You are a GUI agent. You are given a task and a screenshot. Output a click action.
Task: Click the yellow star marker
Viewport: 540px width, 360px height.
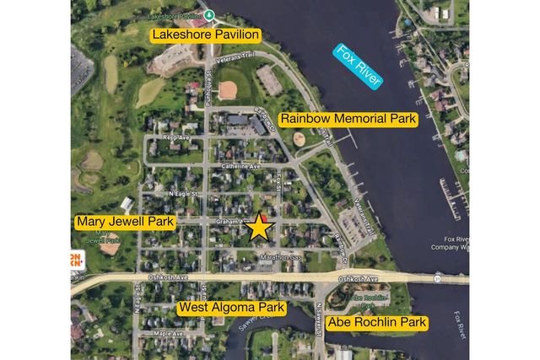[x=259, y=227]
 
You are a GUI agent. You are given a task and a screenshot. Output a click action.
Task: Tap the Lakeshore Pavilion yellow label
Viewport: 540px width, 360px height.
[x=204, y=35]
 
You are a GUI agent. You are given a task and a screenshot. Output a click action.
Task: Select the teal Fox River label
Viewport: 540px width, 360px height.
[x=358, y=66]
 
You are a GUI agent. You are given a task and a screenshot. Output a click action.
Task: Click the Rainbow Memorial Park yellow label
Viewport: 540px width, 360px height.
[x=348, y=120]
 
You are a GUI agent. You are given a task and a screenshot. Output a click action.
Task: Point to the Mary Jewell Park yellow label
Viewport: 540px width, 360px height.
[x=124, y=223]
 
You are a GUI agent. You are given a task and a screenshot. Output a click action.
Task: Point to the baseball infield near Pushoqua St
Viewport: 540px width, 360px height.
[x=227, y=90]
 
